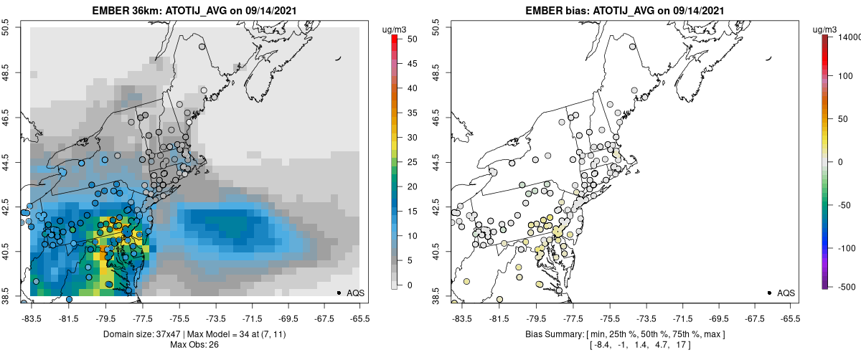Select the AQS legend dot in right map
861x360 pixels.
point(769,293)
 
